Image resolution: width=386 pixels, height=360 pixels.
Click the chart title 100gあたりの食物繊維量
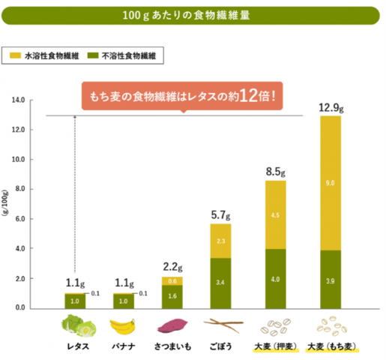click(x=193, y=15)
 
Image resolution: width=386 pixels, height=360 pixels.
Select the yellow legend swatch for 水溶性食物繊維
click(x=16, y=55)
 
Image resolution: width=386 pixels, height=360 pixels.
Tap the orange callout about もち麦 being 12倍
click(x=184, y=97)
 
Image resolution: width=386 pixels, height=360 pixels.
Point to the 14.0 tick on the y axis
click(x=18, y=100)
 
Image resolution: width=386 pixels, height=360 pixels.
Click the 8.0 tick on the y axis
click(x=18, y=189)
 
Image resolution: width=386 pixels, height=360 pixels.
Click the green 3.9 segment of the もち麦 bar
click(x=330, y=279)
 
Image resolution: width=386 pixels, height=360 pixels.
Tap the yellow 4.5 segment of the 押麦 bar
click(x=277, y=215)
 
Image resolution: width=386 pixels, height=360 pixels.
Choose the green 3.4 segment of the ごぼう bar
click(x=220, y=283)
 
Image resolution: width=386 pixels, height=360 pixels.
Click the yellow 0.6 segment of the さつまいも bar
click(x=173, y=280)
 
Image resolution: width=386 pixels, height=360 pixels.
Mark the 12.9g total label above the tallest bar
click(x=331, y=107)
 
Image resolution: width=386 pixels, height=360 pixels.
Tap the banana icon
click(x=124, y=326)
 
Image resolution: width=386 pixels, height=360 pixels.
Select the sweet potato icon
click(x=172, y=326)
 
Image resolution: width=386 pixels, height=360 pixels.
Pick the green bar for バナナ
click(x=124, y=300)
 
